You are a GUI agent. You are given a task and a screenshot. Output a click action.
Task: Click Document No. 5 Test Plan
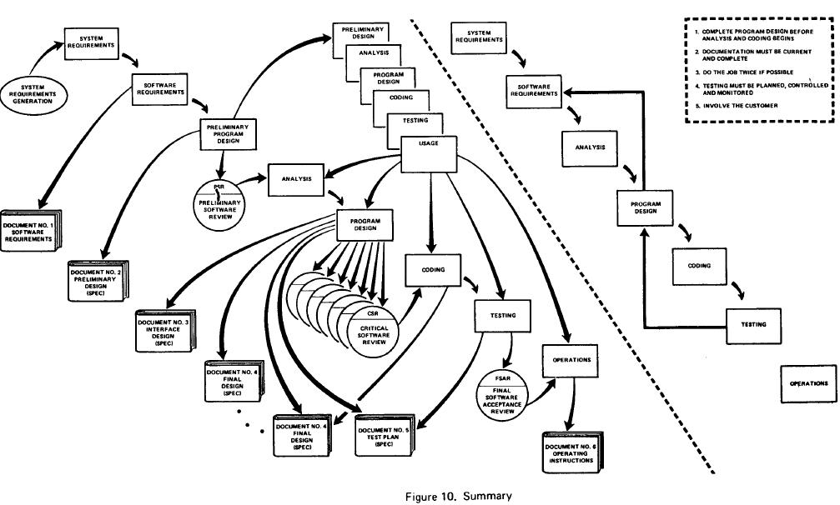385,434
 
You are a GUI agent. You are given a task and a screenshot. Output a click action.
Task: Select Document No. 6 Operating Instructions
573,454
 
